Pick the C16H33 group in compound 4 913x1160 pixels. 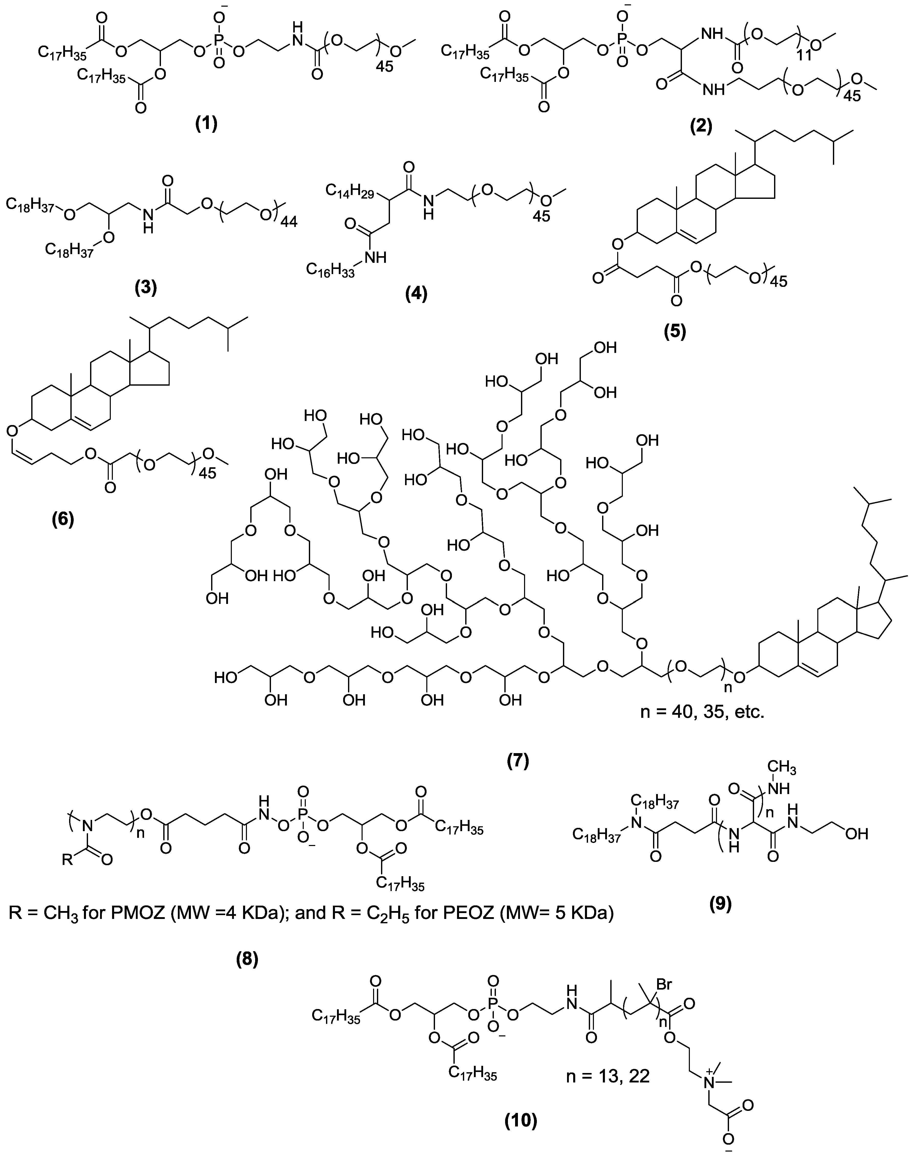[328, 268]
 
